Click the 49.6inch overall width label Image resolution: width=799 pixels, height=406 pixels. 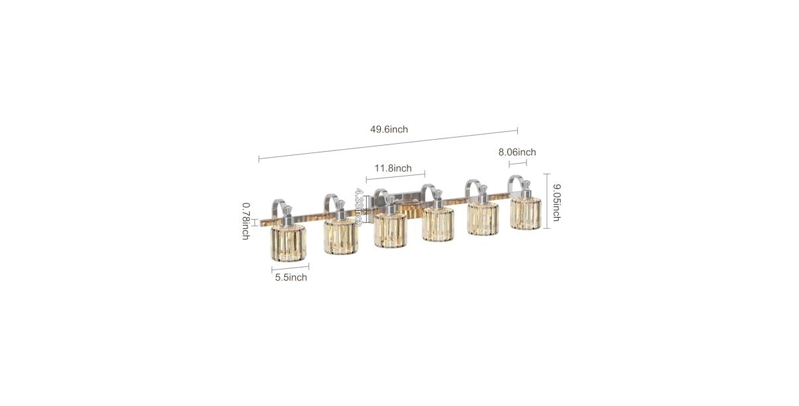(x=389, y=129)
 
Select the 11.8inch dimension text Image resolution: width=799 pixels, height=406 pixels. (x=393, y=168)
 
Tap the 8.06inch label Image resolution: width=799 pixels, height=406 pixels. (x=517, y=152)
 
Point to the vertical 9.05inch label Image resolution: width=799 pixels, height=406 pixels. (x=556, y=200)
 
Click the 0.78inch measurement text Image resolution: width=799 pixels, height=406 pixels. (x=245, y=221)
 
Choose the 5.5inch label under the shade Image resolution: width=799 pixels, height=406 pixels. (x=291, y=278)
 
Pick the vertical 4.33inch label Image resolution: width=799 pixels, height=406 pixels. (x=358, y=207)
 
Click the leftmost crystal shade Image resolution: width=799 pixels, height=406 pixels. (x=288, y=242)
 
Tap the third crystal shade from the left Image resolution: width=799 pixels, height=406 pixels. (x=390, y=230)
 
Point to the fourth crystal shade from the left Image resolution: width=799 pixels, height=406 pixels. (x=437, y=224)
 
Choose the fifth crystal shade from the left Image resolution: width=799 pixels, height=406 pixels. (x=483, y=218)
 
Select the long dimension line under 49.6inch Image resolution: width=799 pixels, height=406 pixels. (x=388, y=144)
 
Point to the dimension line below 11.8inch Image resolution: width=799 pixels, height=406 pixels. (x=396, y=177)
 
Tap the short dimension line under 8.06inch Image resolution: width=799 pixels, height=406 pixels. (x=518, y=163)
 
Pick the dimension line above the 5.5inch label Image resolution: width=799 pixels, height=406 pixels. (x=290, y=268)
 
